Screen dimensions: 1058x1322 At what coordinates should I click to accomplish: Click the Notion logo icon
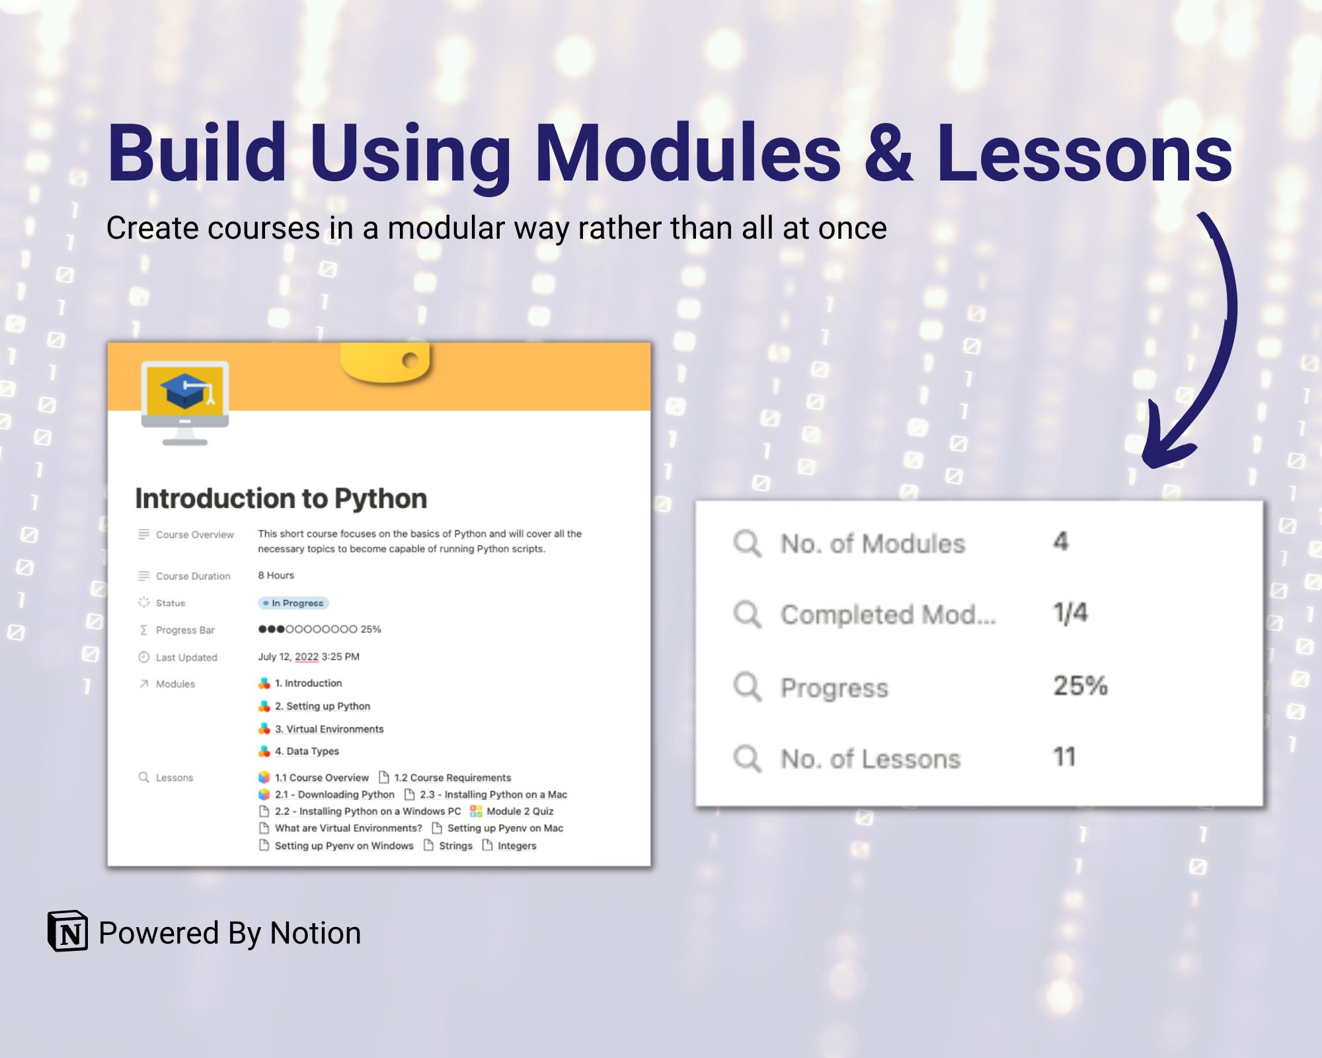pos(67,931)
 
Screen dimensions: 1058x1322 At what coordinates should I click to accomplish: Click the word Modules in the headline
pos(687,153)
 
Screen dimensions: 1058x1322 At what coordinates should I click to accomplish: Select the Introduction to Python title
pos(281,499)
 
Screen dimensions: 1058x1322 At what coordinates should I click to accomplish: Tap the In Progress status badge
pos(293,603)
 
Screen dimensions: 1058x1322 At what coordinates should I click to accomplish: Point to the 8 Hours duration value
pos(276,575)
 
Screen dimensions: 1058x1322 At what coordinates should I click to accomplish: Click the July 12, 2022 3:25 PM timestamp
pos(309,657)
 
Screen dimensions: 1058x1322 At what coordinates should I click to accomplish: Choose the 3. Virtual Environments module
pos(329,729)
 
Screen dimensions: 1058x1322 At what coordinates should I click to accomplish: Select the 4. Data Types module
pos(307,751)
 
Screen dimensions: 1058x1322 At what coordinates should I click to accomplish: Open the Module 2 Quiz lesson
pos(520,811)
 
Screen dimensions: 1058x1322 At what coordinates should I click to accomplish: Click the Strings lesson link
pos(455,846)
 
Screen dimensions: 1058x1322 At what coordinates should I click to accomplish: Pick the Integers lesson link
pos(517,846)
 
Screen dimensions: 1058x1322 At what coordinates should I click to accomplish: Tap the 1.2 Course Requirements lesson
pos(452,778)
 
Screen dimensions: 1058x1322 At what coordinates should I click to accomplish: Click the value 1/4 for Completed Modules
pos(1070,613)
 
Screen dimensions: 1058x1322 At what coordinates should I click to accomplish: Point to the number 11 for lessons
pos(1064,757)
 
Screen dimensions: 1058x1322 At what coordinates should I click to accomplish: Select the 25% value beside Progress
pos(1080,686)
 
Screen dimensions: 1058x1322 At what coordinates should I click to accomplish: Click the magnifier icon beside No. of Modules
pos(747,544)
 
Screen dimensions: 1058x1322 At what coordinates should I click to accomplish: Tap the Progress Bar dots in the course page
pos(307,629)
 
